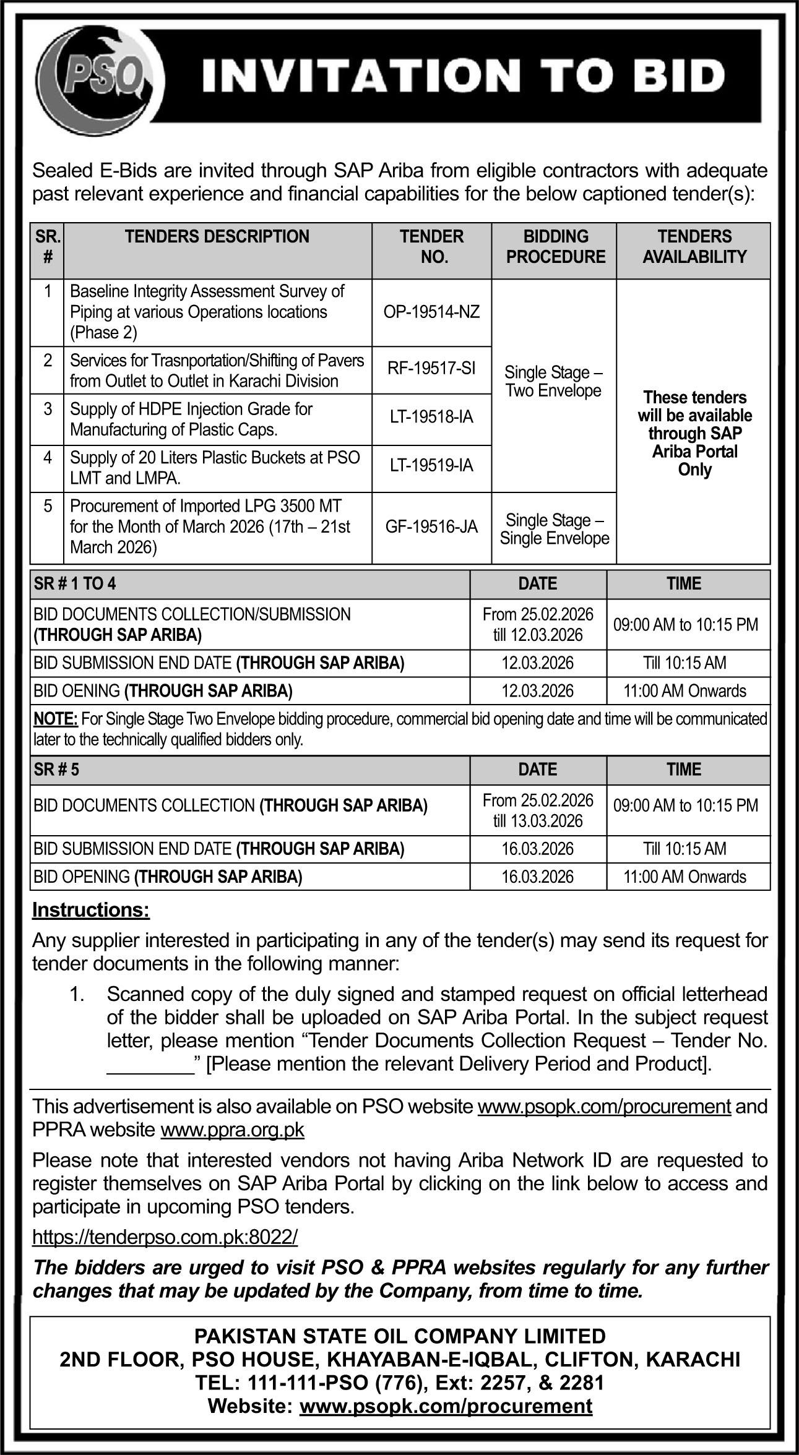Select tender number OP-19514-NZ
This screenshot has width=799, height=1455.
point(431,312)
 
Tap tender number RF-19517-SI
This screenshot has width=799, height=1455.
point(431,369)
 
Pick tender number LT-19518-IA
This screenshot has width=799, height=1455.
point(431,418)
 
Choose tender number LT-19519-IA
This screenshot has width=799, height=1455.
point(431,466)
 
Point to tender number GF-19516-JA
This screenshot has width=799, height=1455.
point(431,527)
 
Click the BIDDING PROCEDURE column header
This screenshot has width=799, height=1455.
point(555,247)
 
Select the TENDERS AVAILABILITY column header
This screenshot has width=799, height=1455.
point(694,247)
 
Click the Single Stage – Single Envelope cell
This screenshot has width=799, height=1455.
point(555,529)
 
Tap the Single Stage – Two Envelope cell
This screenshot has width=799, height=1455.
point(553,382)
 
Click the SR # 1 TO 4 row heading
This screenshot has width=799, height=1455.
point(75,583)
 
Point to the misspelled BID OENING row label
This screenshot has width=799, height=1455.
point(163,690)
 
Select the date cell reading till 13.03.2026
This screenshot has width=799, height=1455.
point(538,821)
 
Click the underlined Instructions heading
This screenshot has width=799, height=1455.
point(91,910)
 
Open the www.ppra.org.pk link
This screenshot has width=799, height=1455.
point(232,1130)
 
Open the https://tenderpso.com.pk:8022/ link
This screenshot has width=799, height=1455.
point(165,1237)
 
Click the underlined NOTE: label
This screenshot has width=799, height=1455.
point(56,719)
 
